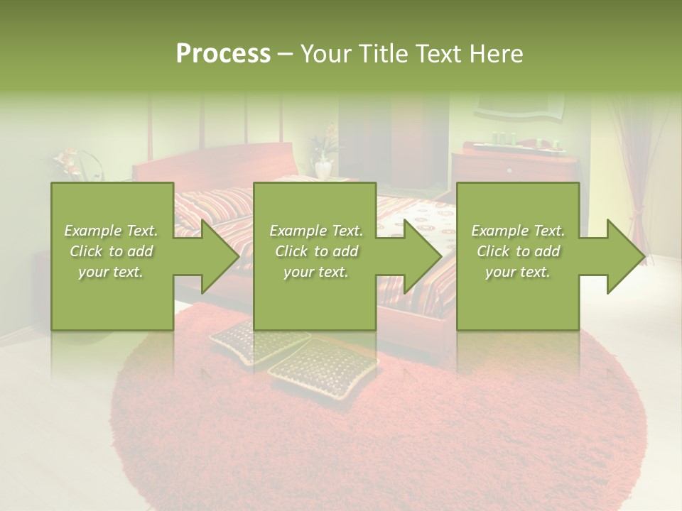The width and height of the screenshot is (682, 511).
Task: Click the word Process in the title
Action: point(223,54)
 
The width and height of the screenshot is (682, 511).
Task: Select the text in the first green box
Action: point(112,251)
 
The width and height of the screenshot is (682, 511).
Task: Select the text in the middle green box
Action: point(315,251)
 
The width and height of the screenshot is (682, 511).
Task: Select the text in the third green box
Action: point(518,251)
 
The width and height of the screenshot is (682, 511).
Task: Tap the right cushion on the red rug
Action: point(323,366)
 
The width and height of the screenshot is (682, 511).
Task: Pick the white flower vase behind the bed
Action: point(324,169)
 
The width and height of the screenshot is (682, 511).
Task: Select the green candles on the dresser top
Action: point(506,138)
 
